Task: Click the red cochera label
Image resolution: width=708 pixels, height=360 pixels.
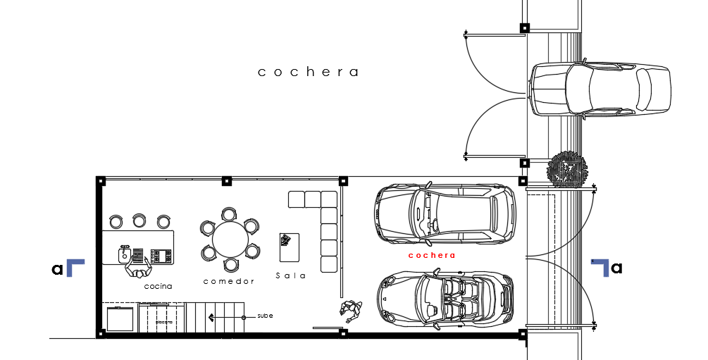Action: tap(431, 256)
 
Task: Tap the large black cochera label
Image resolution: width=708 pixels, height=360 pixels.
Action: tap(309, 72)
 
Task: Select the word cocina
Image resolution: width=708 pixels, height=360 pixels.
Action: tap(158, 287)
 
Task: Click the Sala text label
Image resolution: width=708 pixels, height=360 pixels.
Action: tap(291, 276)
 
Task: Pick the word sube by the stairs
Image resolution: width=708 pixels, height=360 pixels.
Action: tap(265, 316)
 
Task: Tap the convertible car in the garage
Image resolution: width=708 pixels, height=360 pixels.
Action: tap(445, 299)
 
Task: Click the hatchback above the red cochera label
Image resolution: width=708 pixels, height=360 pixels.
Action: tap(445, 214)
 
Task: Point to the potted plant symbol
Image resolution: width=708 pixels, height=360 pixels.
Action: tap(566, 170)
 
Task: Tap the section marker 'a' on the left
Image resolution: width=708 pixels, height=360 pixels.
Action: tap(57, 268)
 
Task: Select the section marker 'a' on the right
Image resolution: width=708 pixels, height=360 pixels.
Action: tap(616, 268)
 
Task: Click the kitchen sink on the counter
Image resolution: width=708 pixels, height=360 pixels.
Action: tap(124, 252)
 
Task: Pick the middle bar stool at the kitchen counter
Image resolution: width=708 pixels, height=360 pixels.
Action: tap(139, 221)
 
